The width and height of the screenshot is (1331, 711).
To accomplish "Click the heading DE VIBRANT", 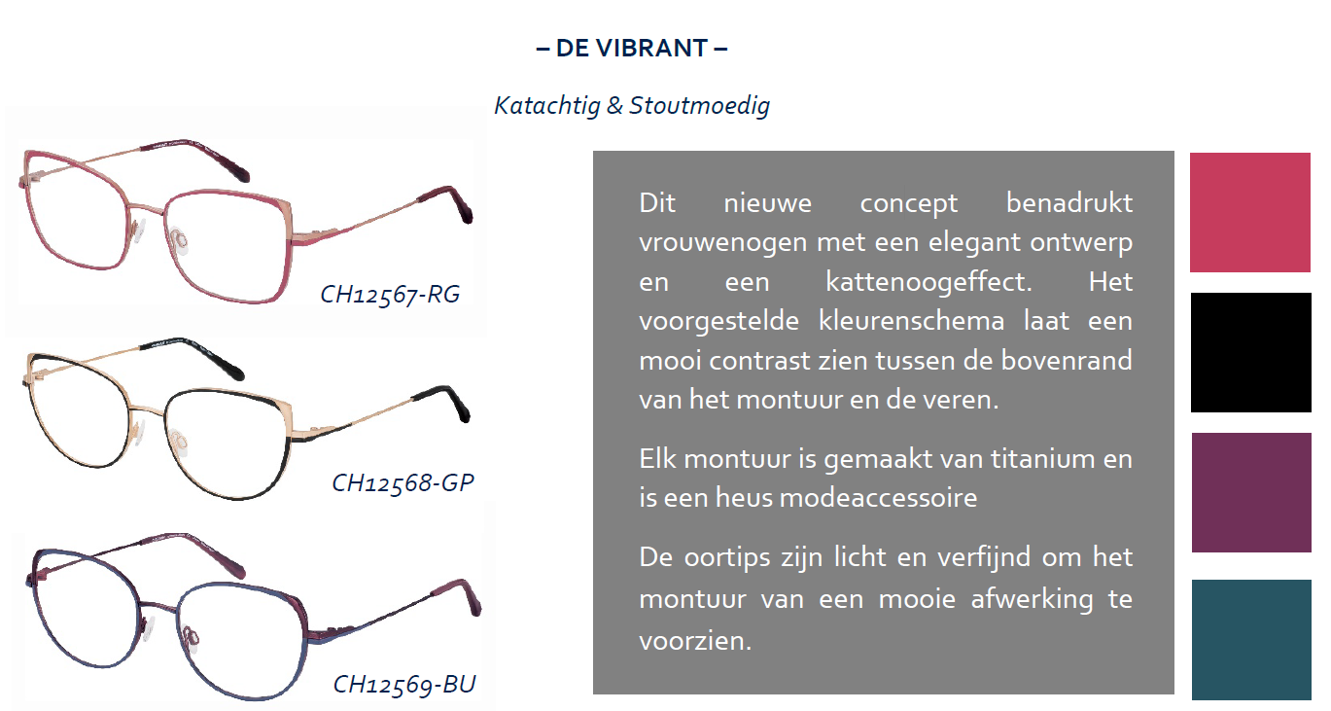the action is click(632, 49).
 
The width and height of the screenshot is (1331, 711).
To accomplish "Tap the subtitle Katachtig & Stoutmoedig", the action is click(632, 106).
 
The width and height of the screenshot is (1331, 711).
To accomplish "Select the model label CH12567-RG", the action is click(390, 295).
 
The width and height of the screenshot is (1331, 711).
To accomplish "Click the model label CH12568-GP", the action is click(403, 482).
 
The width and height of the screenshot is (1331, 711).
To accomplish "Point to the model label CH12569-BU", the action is click(404, 684).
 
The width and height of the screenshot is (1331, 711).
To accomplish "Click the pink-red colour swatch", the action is click(1249, 212).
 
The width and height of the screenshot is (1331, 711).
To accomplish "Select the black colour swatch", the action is click(1250, 352).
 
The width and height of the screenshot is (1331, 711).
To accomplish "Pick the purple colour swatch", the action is click(1251, 493).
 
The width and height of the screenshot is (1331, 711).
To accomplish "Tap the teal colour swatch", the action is click(1251, 640).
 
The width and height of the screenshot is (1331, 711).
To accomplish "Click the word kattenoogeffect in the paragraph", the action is click(928, 282).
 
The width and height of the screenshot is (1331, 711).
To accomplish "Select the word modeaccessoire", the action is click(878, 498).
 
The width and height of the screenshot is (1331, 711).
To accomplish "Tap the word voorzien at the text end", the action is click(695, 641).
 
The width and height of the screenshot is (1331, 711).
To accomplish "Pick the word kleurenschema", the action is click(912, 321).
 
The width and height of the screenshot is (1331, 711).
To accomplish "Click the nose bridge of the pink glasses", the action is click(146, 209).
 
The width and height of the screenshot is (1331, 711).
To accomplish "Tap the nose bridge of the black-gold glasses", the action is click(146, 409).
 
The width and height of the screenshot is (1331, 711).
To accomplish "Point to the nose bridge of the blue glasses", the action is click(158, 607).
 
